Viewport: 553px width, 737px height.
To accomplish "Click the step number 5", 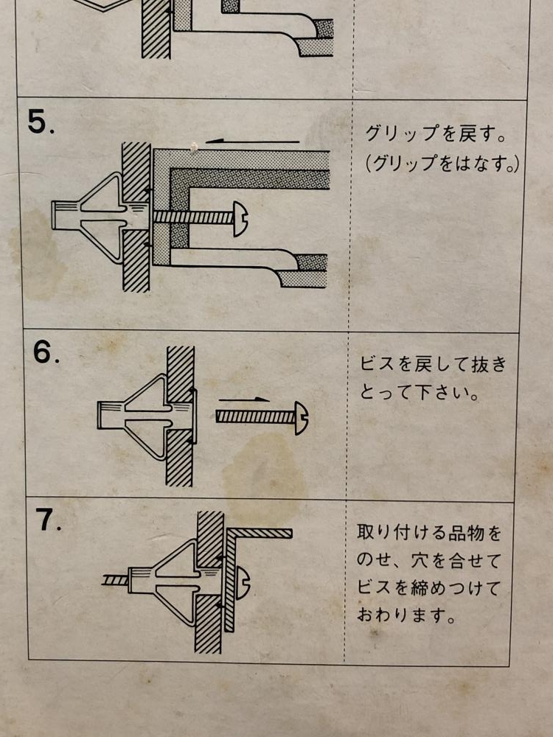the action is coord(41,122).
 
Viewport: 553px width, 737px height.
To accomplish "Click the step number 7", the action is coord(49,520).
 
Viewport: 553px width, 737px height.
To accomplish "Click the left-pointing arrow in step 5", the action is coord(252,141).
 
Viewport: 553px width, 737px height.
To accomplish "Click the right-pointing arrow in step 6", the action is coord(243,400).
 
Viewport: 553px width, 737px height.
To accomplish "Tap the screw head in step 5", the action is coord(240,219).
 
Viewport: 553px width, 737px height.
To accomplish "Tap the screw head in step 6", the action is coord(301,418).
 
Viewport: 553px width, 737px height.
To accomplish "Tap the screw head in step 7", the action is coord(243,583).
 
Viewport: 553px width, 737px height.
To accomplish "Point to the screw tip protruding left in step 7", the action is coord(115,581).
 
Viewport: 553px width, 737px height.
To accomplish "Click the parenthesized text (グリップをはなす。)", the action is coord(442,164).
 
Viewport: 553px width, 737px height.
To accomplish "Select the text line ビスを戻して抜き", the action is coord(433,365).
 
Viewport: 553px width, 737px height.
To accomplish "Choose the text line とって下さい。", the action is coord(420,392).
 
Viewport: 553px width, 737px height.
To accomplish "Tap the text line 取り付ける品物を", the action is coord(429,534).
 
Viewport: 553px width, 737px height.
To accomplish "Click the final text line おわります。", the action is coord(406,615).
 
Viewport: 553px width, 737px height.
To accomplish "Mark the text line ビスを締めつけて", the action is coord(428,588).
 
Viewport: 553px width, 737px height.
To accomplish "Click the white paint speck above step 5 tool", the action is coord(192,147).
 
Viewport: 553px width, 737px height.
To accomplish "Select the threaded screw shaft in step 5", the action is coord(194,217).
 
